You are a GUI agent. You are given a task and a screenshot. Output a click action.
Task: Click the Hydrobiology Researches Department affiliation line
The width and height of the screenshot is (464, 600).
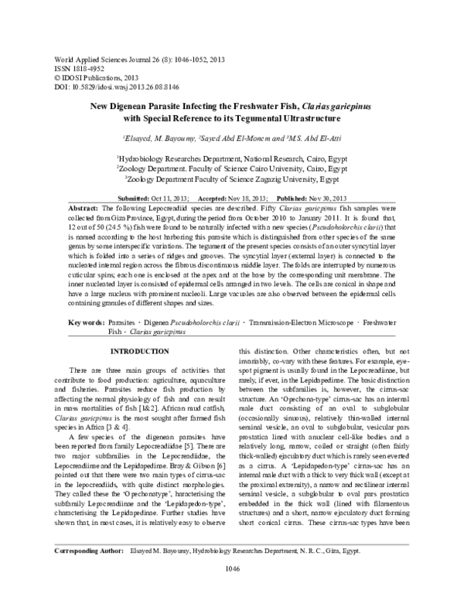point(231,156)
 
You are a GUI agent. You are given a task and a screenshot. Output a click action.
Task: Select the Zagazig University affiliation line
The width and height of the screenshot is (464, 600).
point(231,177)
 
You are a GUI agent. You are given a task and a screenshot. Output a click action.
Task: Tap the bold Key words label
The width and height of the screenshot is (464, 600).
point(88,320)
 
